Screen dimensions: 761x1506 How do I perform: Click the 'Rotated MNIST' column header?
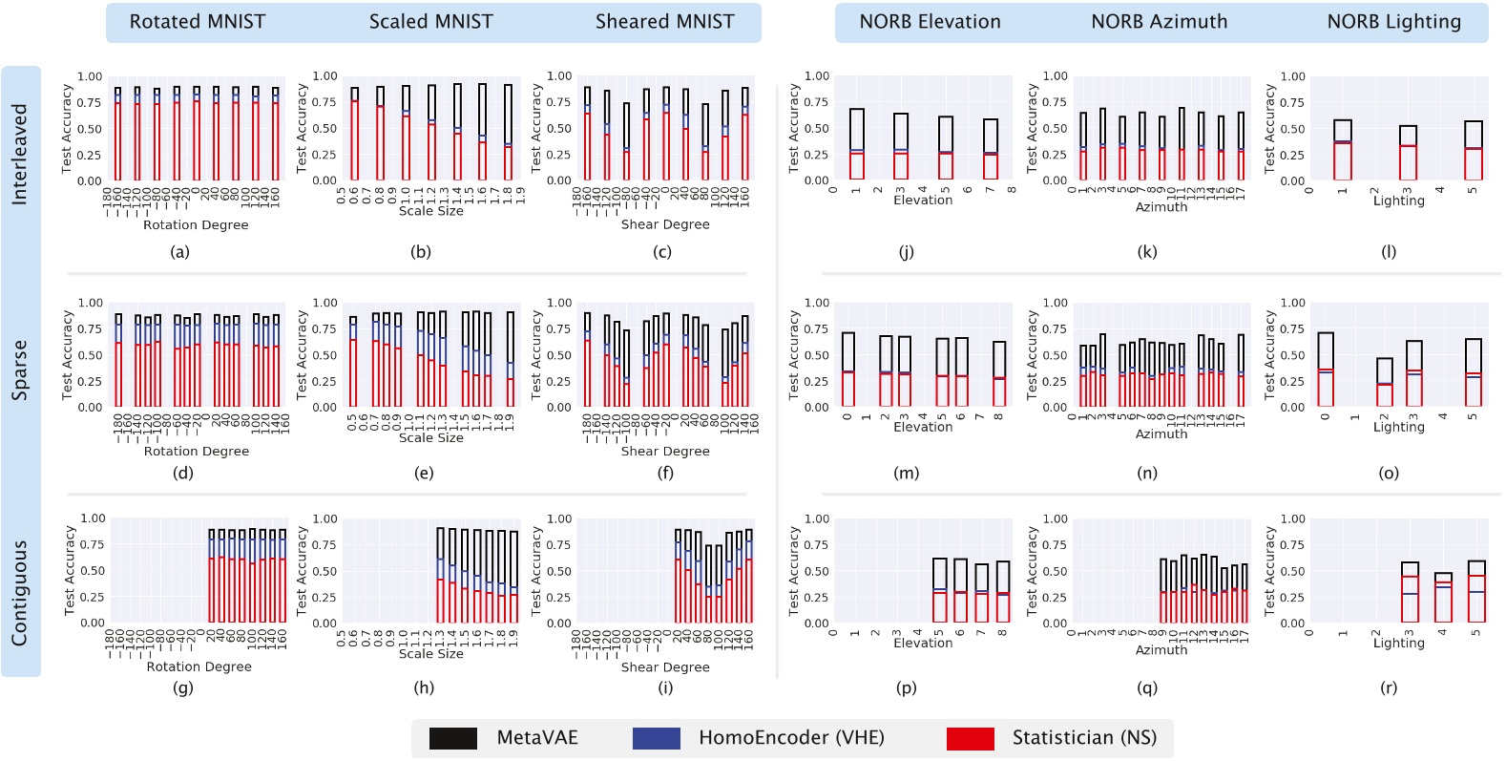(198, 22)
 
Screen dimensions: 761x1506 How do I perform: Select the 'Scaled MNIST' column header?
(431, 22)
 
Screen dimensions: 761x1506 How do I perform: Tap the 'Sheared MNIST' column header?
(665, 22)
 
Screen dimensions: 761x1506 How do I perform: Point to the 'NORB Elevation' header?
(931, 22)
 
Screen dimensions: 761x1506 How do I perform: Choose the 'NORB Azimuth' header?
(1160, 22)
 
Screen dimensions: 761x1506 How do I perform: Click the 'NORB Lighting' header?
(1393, 22)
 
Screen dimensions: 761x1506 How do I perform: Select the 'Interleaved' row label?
(20, 155)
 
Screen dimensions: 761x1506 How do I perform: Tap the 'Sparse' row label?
(20, 370)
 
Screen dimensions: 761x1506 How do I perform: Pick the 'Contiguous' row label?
(20, 593)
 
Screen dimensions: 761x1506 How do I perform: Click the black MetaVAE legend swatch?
(453, 738)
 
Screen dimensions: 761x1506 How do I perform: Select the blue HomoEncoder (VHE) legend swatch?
(656, 738)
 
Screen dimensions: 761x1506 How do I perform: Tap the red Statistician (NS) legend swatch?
(971, 738)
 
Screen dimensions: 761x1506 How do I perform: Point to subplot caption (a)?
(179, 252)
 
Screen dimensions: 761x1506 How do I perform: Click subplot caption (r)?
(1389, 687)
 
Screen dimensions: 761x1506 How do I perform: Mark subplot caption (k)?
(1147, 252)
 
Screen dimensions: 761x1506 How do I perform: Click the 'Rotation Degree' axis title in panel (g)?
(199, 666)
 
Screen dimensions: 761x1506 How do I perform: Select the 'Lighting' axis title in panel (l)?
(1398, 201)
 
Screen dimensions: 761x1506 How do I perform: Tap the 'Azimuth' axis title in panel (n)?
(1161, 433)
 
